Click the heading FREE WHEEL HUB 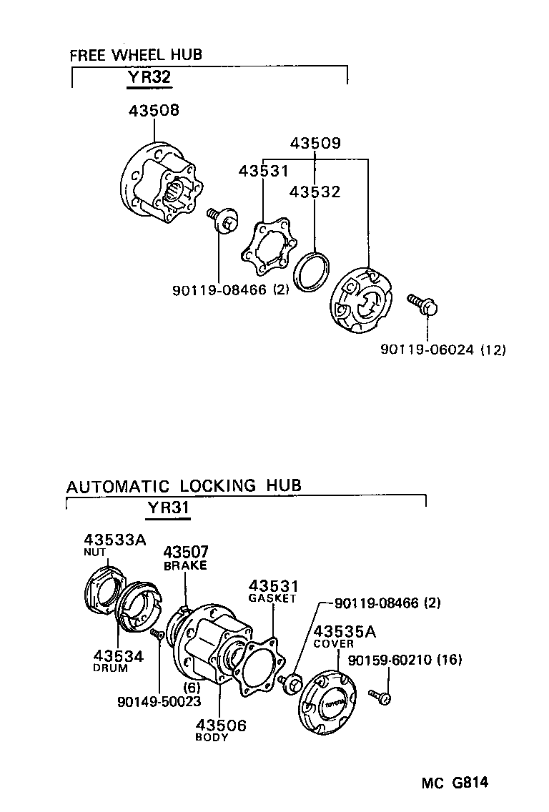point(136,54)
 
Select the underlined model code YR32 point(149,77)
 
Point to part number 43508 point(154,111)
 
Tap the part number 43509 point(315,144)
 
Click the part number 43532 point(315,192)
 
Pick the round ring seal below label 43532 point(312,272)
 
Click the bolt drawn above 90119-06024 point(423,304)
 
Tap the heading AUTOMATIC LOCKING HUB point(184,486)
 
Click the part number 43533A point(114,539)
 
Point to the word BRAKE point(185,565)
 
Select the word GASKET point(272,598)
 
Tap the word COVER point(333,643)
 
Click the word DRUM point(111,668)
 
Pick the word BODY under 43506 point(212,738)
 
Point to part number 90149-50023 point(159,702)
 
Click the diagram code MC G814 point(454,783)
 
